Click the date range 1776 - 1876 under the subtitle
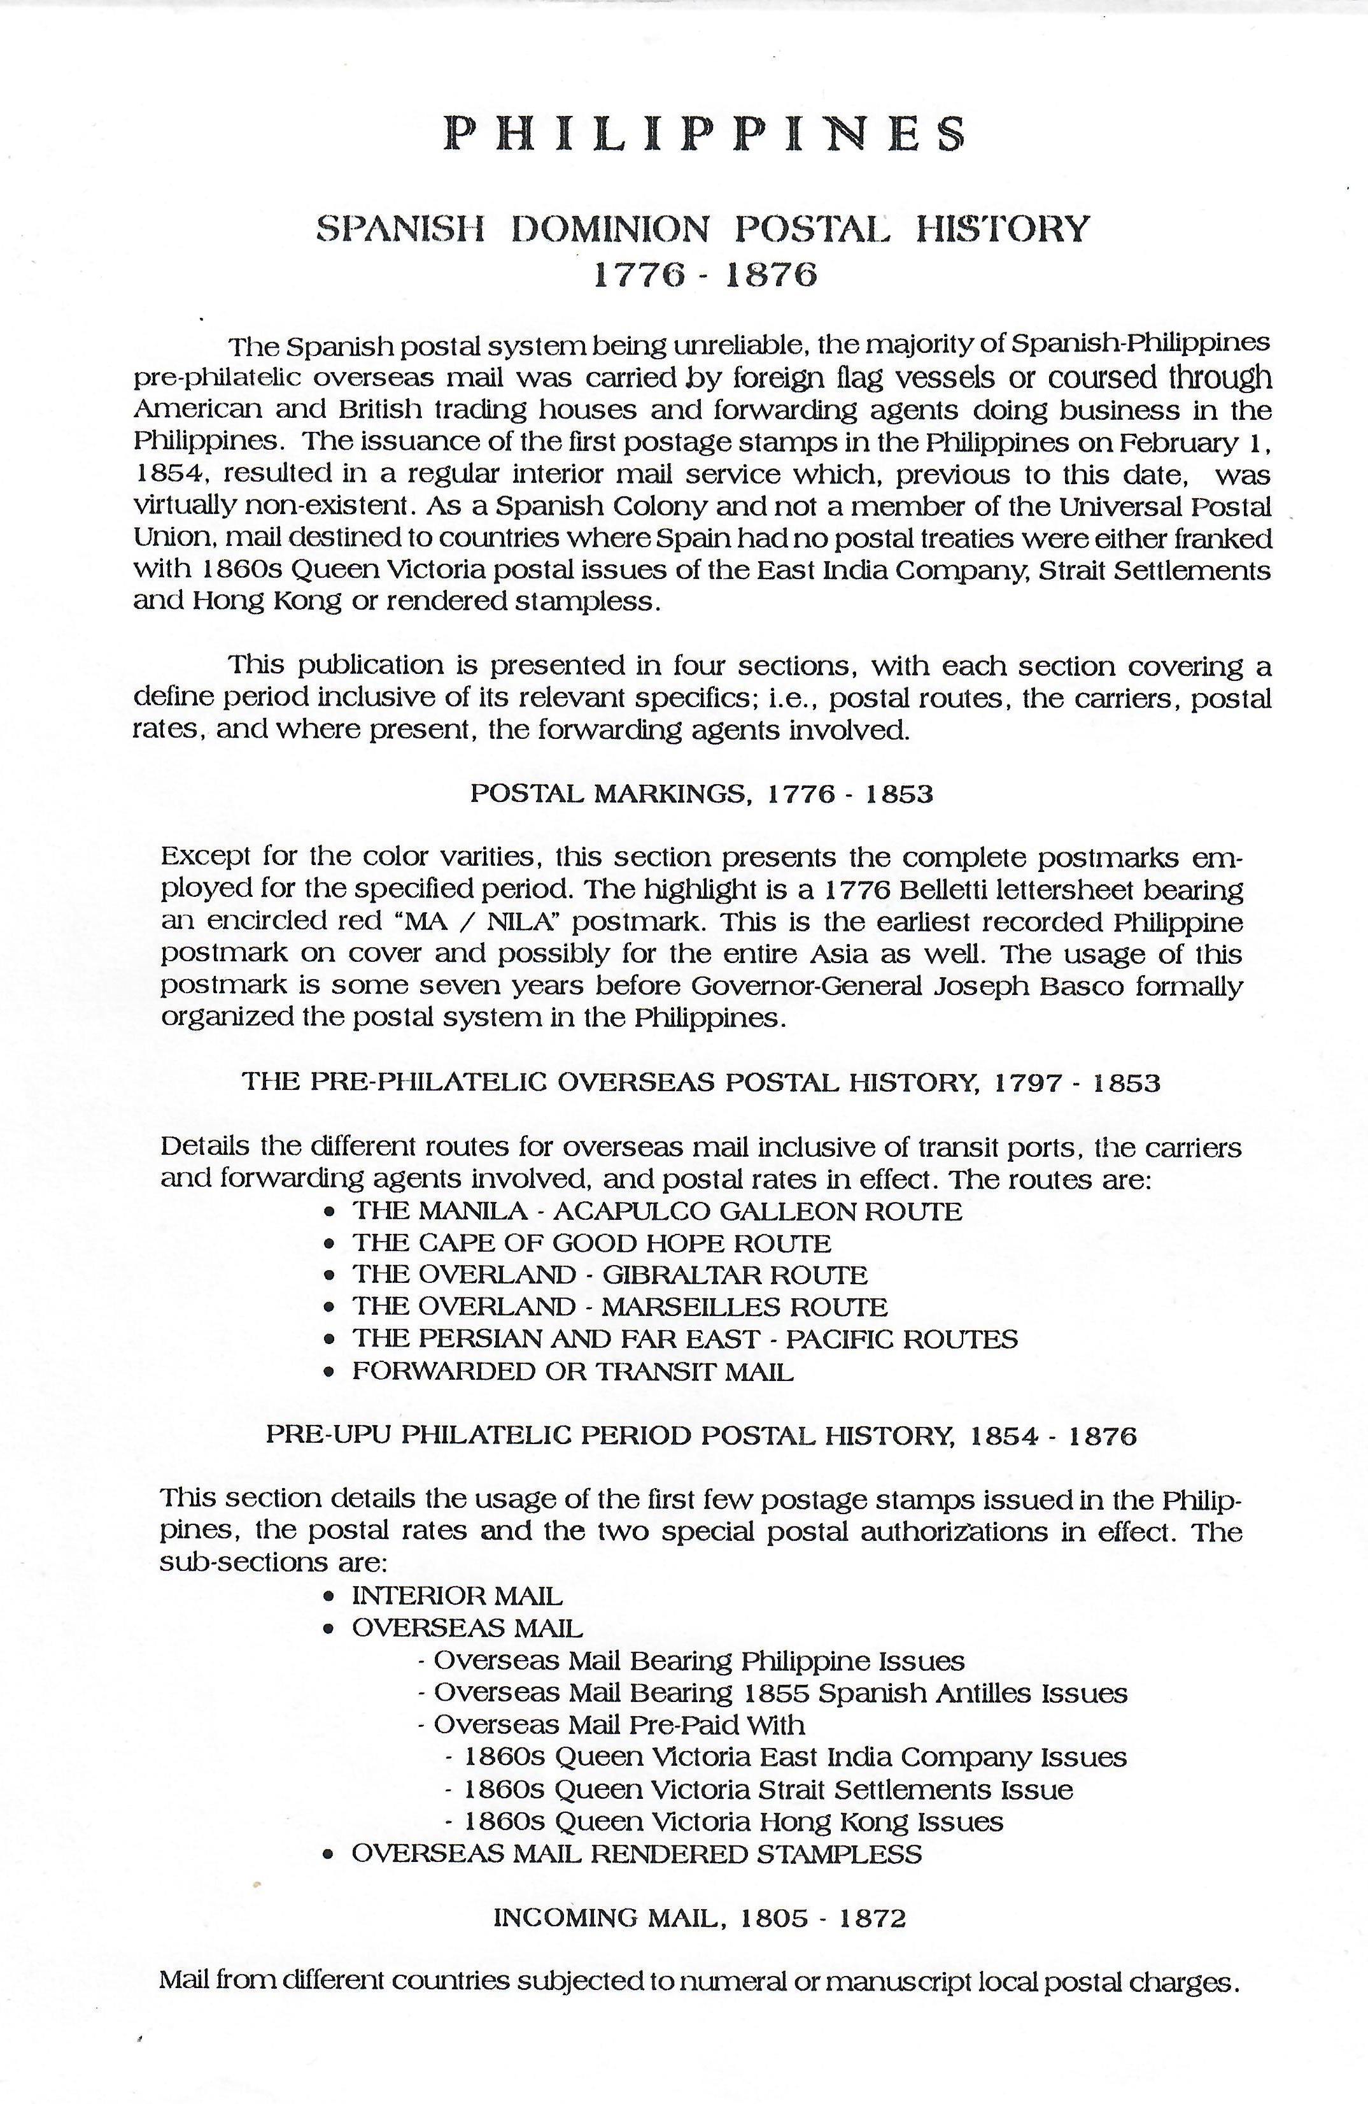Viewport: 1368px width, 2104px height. (x=704, y=276)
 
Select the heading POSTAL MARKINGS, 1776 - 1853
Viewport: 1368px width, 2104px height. (x=701, y=794)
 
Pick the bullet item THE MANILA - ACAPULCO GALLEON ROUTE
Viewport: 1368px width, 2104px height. (x=656, y=1211)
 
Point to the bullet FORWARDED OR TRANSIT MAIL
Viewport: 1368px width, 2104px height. (x=573, y=1371)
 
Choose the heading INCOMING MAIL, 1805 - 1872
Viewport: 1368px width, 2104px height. (x=700, y=1919)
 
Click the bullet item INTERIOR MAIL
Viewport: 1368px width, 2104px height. (x=457, y=1596)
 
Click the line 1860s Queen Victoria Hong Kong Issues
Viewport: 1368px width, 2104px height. (x=733, y=1822)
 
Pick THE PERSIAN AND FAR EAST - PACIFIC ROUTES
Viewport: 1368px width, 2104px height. (x=685, y=1340)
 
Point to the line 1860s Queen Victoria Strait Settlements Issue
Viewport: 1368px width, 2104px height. (x=768, y=1790)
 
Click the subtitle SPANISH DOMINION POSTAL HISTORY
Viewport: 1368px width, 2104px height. (x=703, y=229)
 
